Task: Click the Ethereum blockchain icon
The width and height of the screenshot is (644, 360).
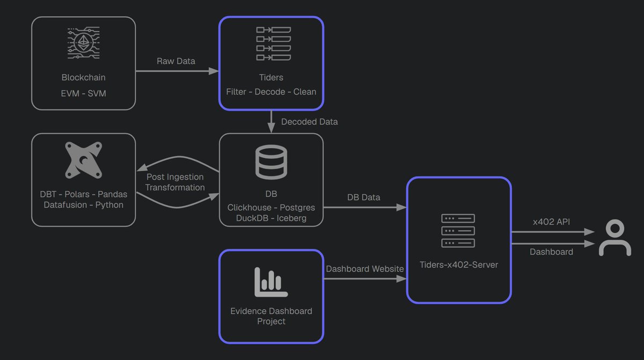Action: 83,43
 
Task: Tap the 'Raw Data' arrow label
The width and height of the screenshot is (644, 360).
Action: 176,61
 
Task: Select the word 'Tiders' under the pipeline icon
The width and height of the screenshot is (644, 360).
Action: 271,77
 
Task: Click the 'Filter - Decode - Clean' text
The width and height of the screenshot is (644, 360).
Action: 271,92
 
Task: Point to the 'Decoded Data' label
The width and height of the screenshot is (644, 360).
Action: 309,122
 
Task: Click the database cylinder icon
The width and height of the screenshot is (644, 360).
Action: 271,163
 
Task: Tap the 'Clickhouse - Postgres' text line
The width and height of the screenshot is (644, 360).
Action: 271,208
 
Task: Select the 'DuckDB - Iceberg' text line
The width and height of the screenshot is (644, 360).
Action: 271,218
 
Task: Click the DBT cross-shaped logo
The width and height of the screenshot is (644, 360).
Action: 83,160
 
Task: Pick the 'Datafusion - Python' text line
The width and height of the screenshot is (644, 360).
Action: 83,205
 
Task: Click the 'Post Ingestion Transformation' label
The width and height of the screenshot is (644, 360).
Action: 175,182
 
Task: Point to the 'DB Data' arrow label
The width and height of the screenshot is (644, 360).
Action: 363,197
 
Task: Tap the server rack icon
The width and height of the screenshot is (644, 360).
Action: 458,231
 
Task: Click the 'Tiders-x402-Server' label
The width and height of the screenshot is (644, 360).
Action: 458,265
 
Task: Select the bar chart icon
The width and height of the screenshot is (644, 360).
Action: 271,282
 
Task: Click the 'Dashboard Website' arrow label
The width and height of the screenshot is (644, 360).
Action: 364,269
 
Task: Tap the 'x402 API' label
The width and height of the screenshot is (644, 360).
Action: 551,222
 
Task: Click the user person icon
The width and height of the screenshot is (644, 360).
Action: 615,238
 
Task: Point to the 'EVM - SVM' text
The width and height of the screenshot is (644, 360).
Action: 83,93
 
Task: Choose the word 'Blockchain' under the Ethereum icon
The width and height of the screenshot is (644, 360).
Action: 83,77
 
